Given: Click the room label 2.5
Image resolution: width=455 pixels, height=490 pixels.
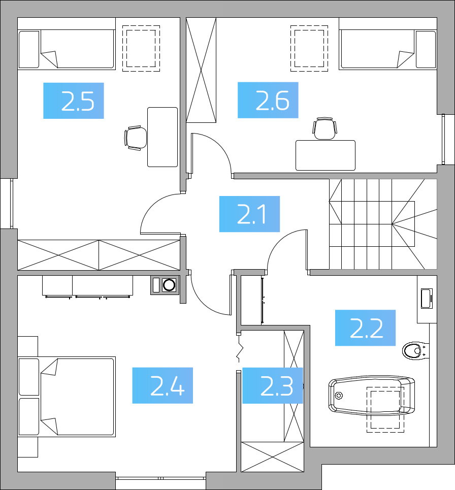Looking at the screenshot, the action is (x=78, y=101).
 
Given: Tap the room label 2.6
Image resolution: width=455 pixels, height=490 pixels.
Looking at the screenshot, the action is (x=272, y=101).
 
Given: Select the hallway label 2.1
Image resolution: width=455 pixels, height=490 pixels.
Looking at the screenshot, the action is (x=251, y=214).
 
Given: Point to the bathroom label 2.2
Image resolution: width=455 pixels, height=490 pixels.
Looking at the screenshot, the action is (x=366, y=328).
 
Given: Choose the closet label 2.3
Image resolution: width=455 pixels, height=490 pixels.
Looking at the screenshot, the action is (x=277, y=385).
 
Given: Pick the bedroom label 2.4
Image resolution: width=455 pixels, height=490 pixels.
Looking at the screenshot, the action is (x=168, y=385).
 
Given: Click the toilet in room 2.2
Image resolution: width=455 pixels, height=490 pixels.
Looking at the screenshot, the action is (x=415, y=351).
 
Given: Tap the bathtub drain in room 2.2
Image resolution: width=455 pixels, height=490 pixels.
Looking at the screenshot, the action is (x=339, y=396).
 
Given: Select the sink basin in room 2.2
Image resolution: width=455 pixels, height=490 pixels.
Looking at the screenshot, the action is (x=427, y=299).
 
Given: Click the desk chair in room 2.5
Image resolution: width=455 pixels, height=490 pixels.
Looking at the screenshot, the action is (x=135, y=138).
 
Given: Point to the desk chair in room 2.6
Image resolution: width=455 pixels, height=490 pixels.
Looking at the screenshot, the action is (x=324, y=128).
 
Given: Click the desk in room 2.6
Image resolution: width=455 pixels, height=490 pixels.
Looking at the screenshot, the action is (x=326, y=155).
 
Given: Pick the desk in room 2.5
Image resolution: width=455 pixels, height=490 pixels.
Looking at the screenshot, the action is (x=162, y=137).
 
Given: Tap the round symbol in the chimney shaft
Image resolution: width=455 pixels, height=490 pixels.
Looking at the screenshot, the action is (x=169, y=285).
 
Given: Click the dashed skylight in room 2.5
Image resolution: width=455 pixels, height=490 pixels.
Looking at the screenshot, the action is (x=141, y=48).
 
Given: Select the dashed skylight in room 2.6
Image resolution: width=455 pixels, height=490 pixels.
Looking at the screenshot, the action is (x=309, y=48).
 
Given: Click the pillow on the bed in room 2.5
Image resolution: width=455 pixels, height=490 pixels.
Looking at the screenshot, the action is (x=29, y=49).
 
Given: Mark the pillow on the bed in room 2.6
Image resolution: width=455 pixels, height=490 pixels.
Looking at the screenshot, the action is (x=426, y=49).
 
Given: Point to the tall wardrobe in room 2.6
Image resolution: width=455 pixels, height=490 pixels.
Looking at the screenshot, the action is (x=201, y=70).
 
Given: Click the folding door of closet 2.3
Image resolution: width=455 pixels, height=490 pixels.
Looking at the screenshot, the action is (x=239, y=351).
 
